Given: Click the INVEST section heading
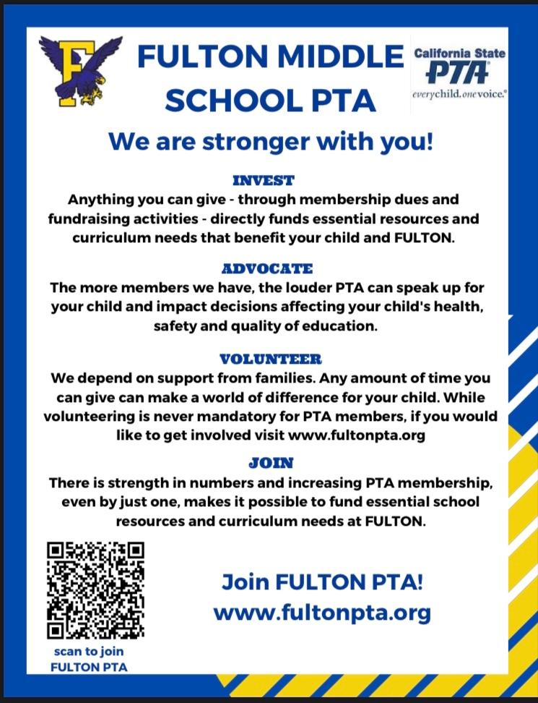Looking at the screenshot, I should pyautogui.click(x=264, y=179).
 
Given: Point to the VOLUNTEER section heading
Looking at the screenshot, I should pyautogui.click(x=271, y=359).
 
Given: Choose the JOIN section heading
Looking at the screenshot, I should pyautogui.click(x=271, y=462).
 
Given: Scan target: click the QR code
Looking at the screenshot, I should pyautogui.click(x=95, y=590).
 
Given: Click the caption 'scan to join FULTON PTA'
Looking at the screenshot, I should pyautogui.click(x=89, y=659).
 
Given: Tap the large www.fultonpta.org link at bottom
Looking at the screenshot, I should pyautogui.click(x=322, y=613).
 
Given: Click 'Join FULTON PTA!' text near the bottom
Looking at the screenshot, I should pyautogui.click(x=322, y=581).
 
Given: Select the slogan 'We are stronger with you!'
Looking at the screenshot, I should pyautogui.click(x=270, y=140).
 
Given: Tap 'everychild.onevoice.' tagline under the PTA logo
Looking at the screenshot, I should pyautogui.click(x=459, y=94).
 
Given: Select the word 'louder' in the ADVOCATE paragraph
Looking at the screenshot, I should pyautogui.click(x=289, y=288).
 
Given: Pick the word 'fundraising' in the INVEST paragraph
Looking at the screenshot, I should pyautogui.click(x=92, y=218).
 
